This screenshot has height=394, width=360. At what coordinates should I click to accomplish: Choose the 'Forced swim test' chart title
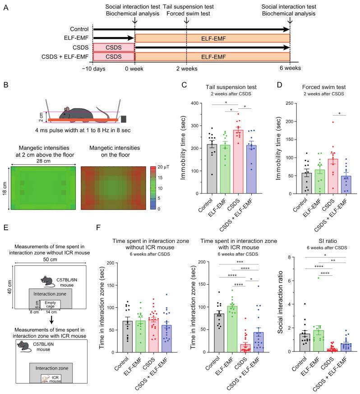(316, 88)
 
